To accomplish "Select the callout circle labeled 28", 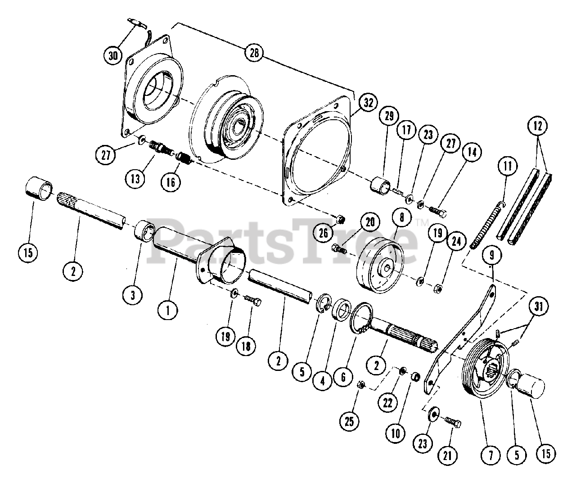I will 254,52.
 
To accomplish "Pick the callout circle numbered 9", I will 492,255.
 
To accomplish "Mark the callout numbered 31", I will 539,307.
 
